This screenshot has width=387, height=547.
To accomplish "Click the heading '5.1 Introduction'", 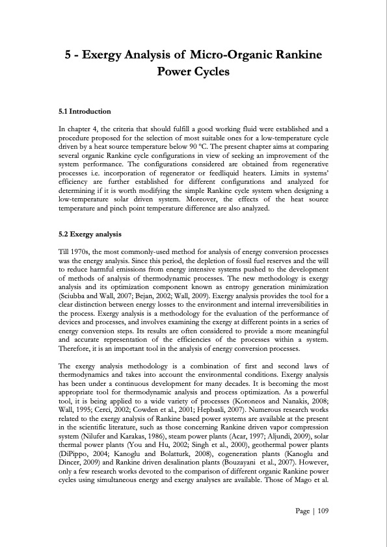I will coord(85,111).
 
